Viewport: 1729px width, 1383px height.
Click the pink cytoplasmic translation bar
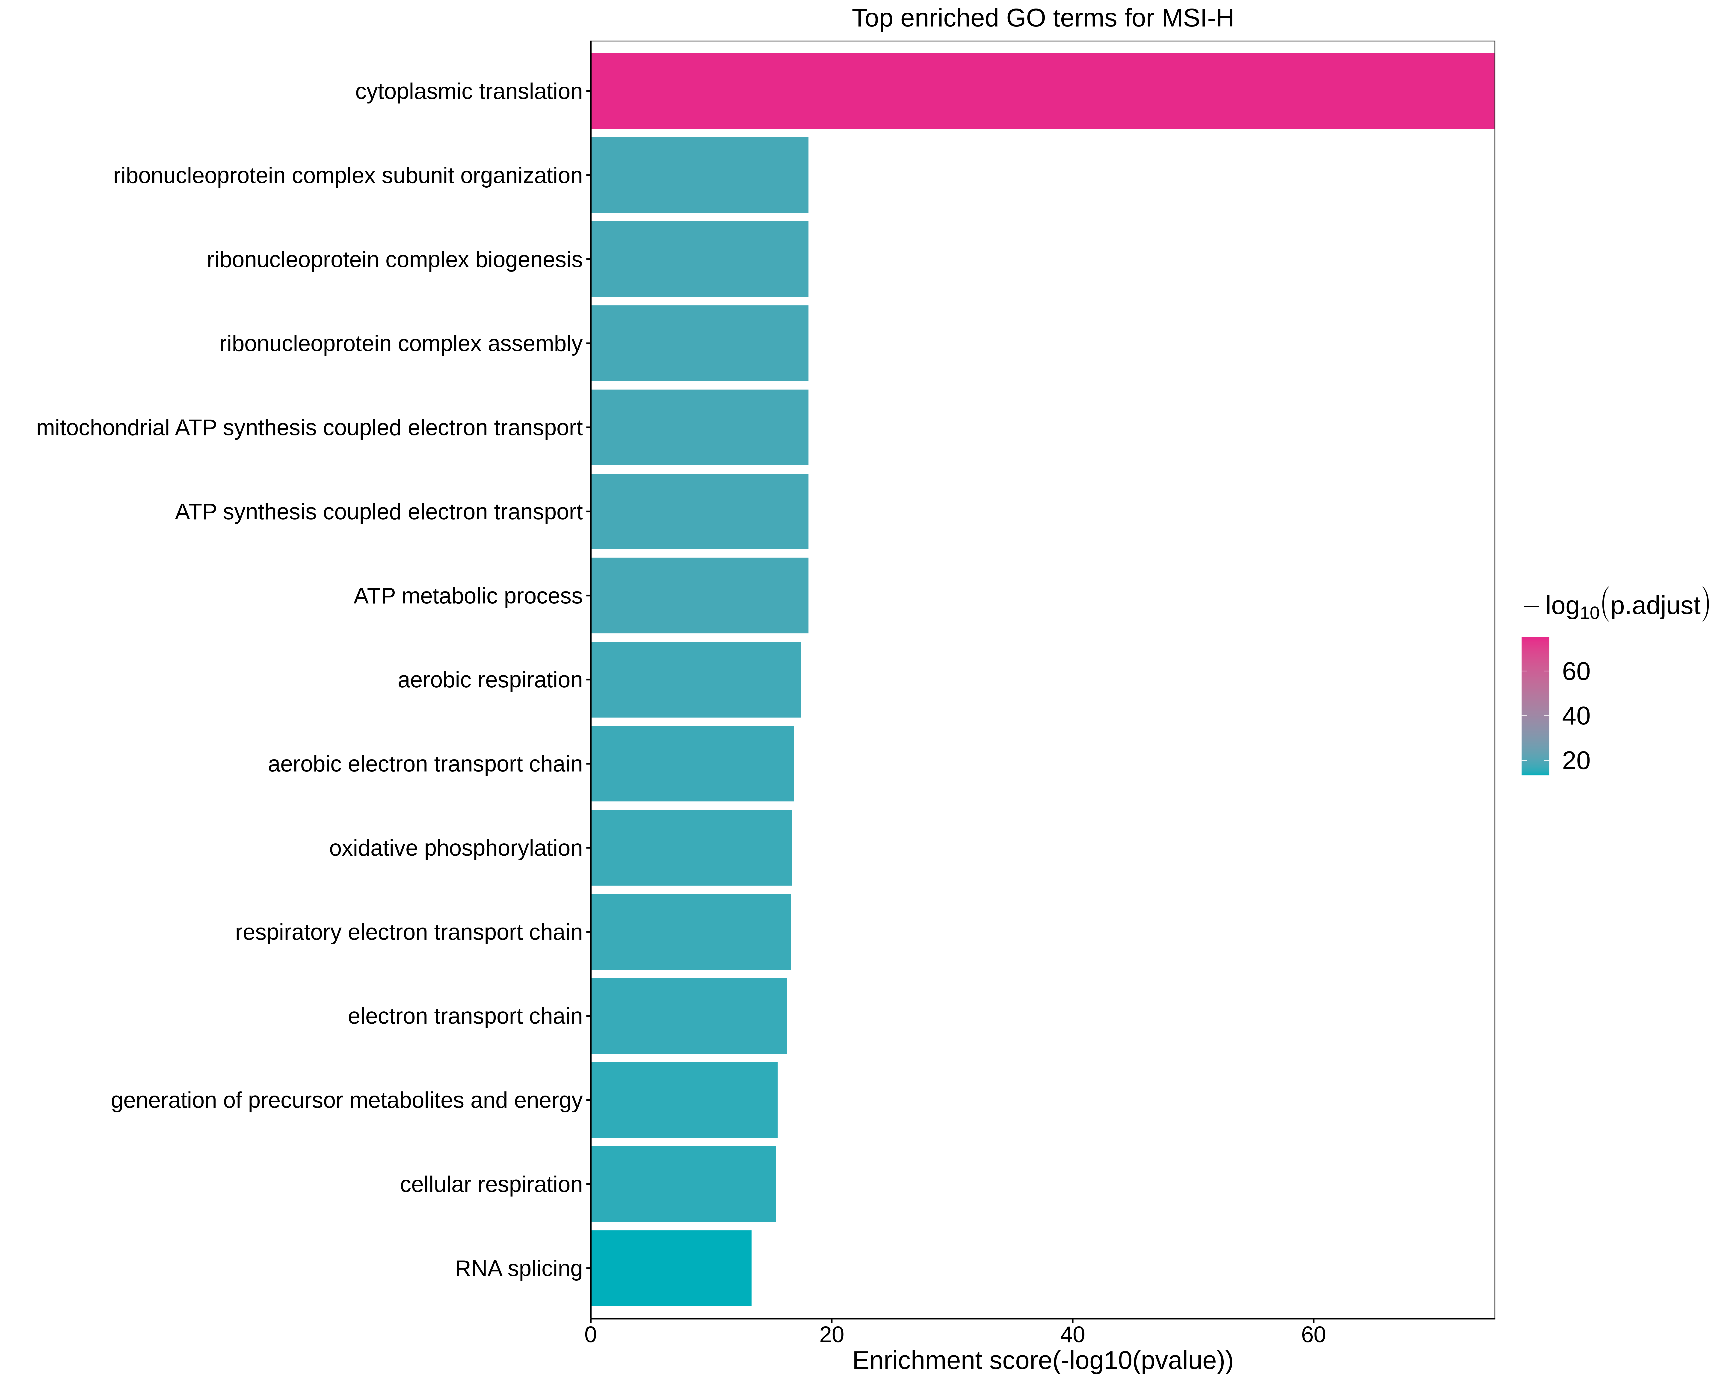[x=1042, y=92]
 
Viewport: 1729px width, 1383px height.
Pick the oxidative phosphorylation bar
[x=691, y=848]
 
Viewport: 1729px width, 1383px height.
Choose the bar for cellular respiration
[x=683, y=1184]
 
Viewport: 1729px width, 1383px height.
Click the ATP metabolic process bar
[x=699, y=596]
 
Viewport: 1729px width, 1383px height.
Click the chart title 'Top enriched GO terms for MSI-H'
[x=1042, y=18]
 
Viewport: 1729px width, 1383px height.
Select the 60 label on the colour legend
[x=1576, y=672]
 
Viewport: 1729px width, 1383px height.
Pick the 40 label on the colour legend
[x=1576, y=716]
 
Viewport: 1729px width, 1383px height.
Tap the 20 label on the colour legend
[x=1576, y=761]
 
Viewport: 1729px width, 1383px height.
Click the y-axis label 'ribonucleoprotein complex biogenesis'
[x=395, y=260]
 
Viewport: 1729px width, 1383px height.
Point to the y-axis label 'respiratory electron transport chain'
[x=409, y=932]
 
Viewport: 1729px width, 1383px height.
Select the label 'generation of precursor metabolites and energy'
[x=346, y=1100]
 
